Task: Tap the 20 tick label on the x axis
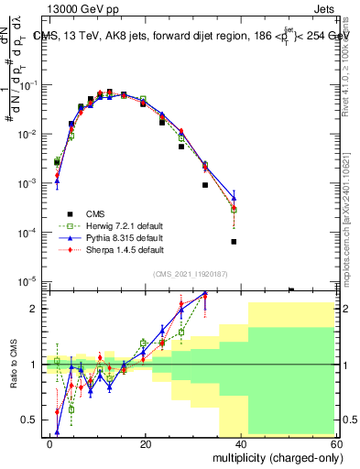pyautogui.click(x=146, y=443)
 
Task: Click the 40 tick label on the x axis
pyautogui.click(x=242, y=443)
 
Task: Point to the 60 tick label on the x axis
pyautogui.click(x=337, y=443)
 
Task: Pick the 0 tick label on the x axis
pyautogui.click(x=50, y=443)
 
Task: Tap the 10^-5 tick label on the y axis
pyautogui.click(x=31, y=281)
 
